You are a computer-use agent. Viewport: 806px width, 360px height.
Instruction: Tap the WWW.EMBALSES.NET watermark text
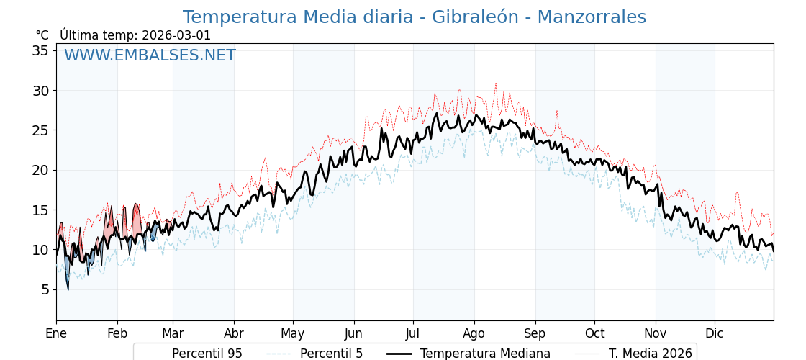point(150,55)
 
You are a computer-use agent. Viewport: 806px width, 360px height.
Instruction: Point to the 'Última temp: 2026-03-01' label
point(135,35)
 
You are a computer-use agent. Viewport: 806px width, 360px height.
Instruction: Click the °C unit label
point(42,35)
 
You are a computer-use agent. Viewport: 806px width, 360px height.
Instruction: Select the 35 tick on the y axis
point(40,50)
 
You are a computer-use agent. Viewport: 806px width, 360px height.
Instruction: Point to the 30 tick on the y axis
point(40,91)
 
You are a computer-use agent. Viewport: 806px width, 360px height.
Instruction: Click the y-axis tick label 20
point(40,171)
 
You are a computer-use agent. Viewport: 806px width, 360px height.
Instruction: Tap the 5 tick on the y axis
point(45,290)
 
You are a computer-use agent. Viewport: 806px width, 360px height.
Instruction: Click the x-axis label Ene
point(56,333)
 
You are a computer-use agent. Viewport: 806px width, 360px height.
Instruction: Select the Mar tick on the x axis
point(173,333)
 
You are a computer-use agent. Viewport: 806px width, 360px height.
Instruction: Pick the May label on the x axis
point(293,333)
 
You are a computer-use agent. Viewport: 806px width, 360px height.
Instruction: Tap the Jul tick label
point(413,333)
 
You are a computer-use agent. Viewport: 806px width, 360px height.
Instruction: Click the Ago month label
point(474,333)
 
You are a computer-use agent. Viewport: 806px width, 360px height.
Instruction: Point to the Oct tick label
point(594,333)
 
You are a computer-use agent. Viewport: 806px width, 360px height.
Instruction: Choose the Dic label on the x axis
point(715,333)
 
